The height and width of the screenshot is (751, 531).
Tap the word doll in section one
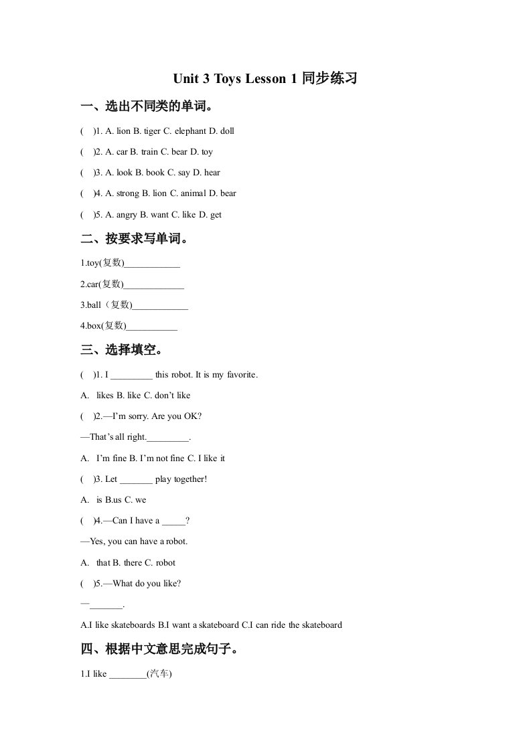[227, 131]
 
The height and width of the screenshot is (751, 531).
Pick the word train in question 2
[149, 152]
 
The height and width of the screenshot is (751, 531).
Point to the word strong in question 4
[127, 193]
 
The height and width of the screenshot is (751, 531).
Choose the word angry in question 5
[126, 215]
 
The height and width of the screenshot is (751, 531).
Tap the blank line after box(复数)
[152, 328]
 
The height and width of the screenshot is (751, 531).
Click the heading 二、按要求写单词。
[134, 239]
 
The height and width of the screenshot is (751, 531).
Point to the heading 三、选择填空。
[122, 349]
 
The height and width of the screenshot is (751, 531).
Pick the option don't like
[172, 396]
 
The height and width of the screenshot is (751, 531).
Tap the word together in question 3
[190, 479]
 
